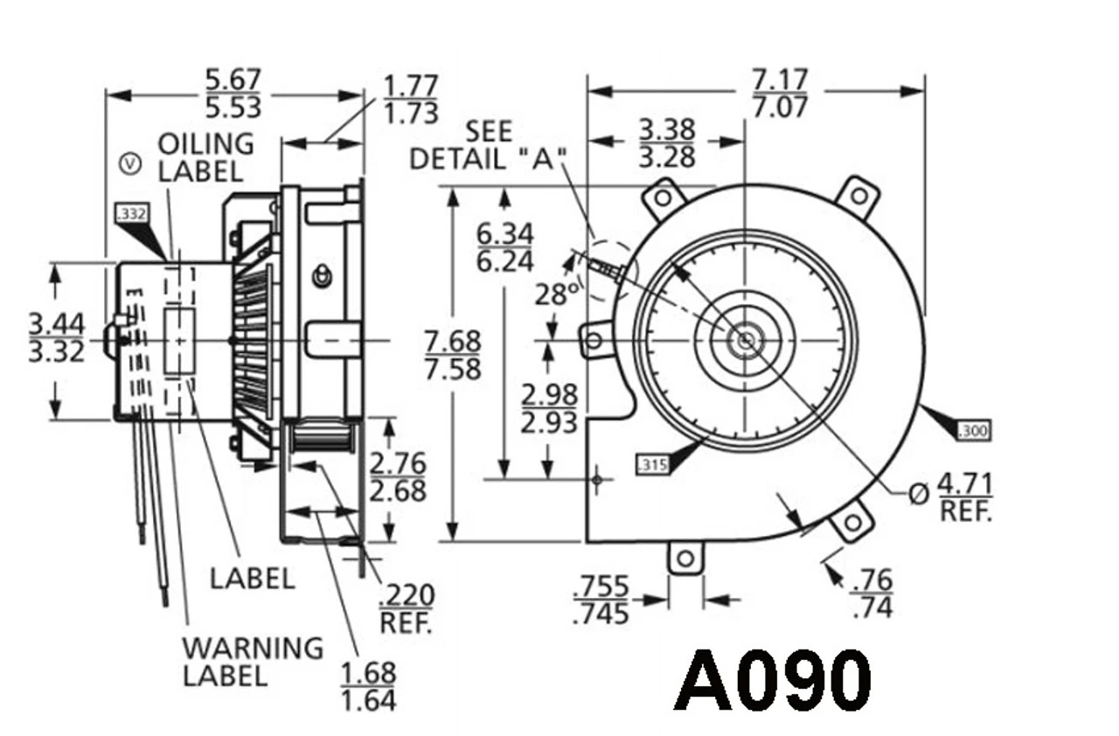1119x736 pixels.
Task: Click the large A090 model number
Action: [773, 681]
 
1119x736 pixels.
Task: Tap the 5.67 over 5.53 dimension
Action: [233, 94]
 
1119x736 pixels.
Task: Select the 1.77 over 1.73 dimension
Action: [410, 99]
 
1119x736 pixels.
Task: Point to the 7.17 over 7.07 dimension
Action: [780, 94]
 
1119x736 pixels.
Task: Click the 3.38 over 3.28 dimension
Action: [666, 142]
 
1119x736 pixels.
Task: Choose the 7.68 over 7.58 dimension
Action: [453, 355]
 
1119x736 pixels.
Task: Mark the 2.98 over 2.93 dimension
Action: [548, 408]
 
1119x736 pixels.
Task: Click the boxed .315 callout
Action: [653, 465]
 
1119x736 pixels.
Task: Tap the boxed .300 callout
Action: [974, 430]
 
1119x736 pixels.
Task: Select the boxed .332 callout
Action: [131, 212]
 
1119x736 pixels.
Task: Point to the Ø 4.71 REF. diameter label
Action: [953, 496]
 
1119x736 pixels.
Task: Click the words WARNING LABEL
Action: [252, 661]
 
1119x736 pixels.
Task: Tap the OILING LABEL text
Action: [205, 156]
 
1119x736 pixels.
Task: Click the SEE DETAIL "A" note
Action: [488, 146]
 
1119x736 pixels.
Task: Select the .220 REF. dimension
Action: [407, 608]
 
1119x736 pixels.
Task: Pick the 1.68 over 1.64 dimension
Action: [368, 686]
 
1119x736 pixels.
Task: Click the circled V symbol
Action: [130, 163]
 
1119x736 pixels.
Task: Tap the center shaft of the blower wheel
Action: [744, 340]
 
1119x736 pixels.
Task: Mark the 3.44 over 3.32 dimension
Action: [57, 337]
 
